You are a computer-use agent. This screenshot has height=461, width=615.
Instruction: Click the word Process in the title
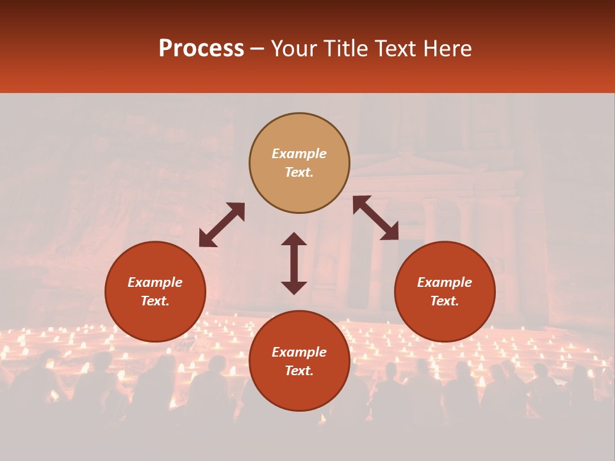[x=201, y=49]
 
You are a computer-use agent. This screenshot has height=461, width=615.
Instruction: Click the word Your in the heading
[x=295, y=49]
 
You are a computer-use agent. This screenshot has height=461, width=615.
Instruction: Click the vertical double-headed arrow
[x=294, y=263]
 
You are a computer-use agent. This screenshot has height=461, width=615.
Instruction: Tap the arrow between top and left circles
[x=222, y=224]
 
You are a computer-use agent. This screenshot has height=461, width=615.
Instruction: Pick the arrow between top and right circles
[x=375, y=218]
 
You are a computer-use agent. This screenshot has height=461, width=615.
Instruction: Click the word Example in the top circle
[x=299, y=154]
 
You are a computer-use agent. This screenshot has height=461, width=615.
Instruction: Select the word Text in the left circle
[x=155, y=301]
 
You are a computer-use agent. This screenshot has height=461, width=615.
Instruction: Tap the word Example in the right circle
[x=445, y=282]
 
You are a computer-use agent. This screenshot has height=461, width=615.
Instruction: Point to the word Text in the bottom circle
[x=299, y=371]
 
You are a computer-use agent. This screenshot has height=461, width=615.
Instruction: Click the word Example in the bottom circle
[x=299, y=352]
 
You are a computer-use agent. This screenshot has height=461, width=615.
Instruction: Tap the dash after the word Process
[x=257, y=49]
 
